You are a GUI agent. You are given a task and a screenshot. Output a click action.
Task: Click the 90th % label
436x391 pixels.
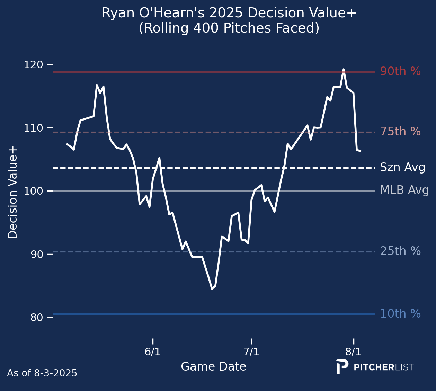click(x=400, y=71)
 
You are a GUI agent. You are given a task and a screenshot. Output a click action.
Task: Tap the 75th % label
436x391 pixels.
click(x=400, y=132)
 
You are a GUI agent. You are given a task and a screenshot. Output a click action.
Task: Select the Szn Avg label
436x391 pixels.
click(x=402, y=168)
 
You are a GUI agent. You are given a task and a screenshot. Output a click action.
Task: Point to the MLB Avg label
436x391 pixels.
click(x=404, y=190)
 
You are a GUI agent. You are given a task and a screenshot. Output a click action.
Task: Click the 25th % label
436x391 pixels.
click(x=400, y=251)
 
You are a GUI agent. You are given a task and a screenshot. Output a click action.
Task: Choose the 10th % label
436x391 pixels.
click(x=400, y=314)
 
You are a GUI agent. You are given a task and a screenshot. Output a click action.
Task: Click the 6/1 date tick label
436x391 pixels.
click(x=152, y=352)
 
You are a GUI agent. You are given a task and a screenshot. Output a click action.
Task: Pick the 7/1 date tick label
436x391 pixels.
click(x=251, y=352)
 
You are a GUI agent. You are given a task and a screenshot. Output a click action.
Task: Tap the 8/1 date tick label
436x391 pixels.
click(x=353, y=352)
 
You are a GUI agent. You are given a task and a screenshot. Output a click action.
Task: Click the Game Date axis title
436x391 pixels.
click(x=213, y=367)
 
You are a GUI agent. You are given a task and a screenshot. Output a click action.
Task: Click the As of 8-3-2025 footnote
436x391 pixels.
click(x=42, y=373)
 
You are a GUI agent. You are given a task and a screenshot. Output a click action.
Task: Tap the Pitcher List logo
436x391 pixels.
click(x=375, y=367)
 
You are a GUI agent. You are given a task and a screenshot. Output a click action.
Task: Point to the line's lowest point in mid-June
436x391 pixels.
click(x=212, y=288)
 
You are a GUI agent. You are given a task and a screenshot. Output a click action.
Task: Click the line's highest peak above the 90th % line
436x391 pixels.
click(x=344, y=69)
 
